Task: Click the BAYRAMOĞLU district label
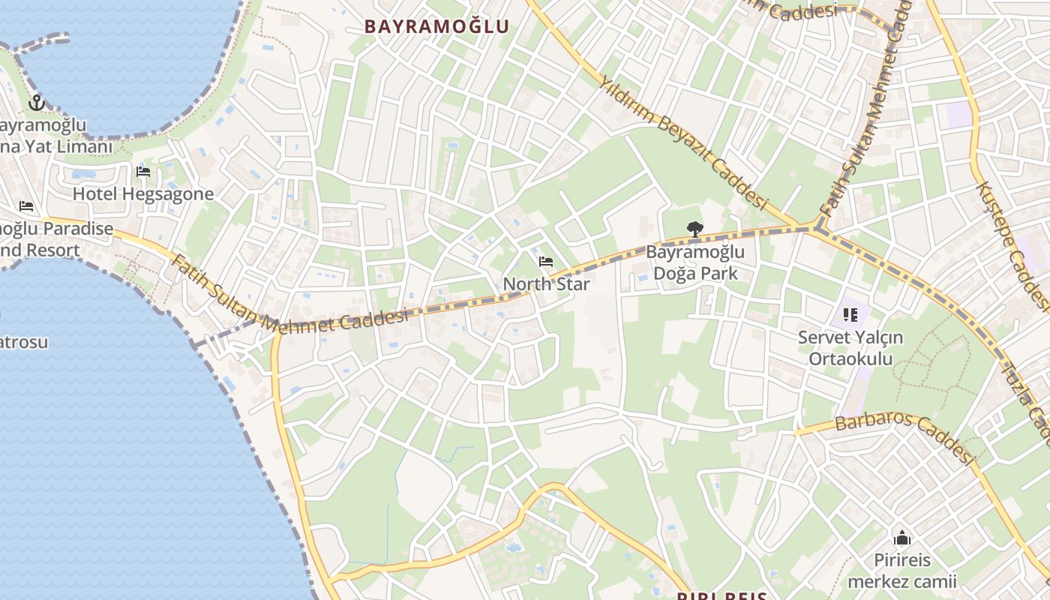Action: (436, 26)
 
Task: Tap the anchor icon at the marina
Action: (37, 103)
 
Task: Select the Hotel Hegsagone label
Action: (142, 194)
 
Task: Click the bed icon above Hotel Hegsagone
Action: (143, 172)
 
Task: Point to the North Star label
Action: (546, 284)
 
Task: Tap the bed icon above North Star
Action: (546, 262)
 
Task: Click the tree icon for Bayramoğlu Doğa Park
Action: (695, 229)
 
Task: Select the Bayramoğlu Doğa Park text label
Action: (695, 262)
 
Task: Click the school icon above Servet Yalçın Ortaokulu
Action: (850, 315)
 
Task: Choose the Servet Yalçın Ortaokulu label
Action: (850, 348)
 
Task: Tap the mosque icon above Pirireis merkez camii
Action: (902, 538)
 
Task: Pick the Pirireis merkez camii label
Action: (902, 571)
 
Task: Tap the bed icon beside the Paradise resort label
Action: (26, 206)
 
